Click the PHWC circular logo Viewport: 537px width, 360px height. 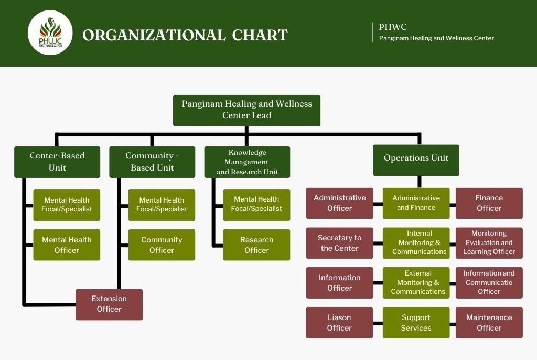pos(50,33)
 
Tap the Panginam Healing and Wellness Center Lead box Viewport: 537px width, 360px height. pos(246,110)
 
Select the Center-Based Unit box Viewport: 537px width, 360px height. pos(57,162)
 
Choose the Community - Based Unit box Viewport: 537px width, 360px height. pos(152,162)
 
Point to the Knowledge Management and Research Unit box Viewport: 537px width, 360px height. pos(247,162)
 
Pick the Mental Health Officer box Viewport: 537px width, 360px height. pos(67,245)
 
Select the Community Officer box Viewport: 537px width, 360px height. pos(162,245)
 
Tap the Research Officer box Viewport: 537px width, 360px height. pos(256,245)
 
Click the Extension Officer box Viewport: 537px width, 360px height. pos(109,304)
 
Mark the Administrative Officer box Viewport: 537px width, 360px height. pos(340,203)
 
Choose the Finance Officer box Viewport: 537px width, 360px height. pos(489,203)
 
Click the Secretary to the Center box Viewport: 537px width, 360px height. pos(340,243)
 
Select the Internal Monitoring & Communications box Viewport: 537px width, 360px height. pos(416,243)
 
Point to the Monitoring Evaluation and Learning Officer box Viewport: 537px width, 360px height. pos(489,243)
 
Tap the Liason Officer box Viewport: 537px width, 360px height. pos(339,323)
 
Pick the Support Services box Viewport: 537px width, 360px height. pos(416,323)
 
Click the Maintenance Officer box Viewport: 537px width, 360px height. pos(489,323)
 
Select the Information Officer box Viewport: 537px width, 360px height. pos(340,283)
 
